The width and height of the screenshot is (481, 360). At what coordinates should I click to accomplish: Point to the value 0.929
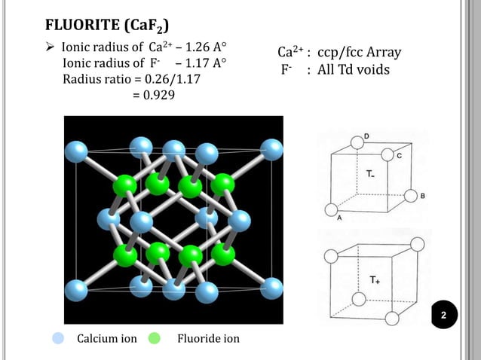pyautogui.click(x=149, y=96)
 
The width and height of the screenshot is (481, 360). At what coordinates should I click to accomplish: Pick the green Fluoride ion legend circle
pyautogui.click(x=155, y=338)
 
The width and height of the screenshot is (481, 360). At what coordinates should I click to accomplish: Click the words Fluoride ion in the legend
pyautogui.click(x=207, y=339)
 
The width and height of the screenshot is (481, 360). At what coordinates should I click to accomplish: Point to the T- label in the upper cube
pyautogui.click(x=372, y=174)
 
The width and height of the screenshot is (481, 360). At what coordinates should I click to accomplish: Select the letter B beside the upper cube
pyautogui.click(x=422, y=196)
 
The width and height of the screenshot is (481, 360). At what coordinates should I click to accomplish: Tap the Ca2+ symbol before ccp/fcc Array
pyautogui.click(x=290, y=53)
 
